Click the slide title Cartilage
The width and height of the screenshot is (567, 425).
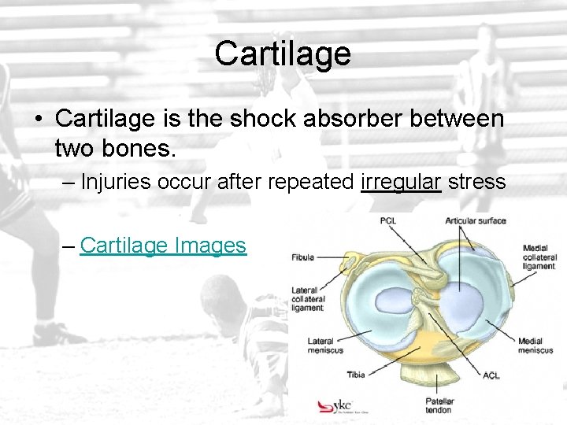click(x=283, y=54)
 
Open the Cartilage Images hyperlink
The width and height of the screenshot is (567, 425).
click(x=163, y=246)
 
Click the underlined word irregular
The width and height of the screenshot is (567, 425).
click(x=401, y=183)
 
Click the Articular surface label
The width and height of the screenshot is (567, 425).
click(x=475, y=220)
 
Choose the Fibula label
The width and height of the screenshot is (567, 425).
click(x=303, y=257)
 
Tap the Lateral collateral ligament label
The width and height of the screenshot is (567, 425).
click(x=307, y=298)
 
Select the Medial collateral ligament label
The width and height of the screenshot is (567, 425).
click(x=539, y=257)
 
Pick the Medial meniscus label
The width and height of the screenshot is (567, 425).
click(x=535, y=346)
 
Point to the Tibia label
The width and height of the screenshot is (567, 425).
click(x=356, y=374)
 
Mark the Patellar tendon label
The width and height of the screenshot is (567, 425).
click(x=438, y=405)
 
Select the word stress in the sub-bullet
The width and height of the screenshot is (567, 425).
click(x=476, y=183)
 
